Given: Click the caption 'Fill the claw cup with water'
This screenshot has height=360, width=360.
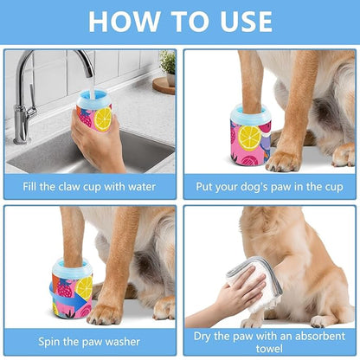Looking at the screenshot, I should pos(89,185).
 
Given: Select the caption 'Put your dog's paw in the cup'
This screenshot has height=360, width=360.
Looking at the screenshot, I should pos(269,185).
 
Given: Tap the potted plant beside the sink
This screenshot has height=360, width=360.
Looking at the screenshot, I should pos(166,66).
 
